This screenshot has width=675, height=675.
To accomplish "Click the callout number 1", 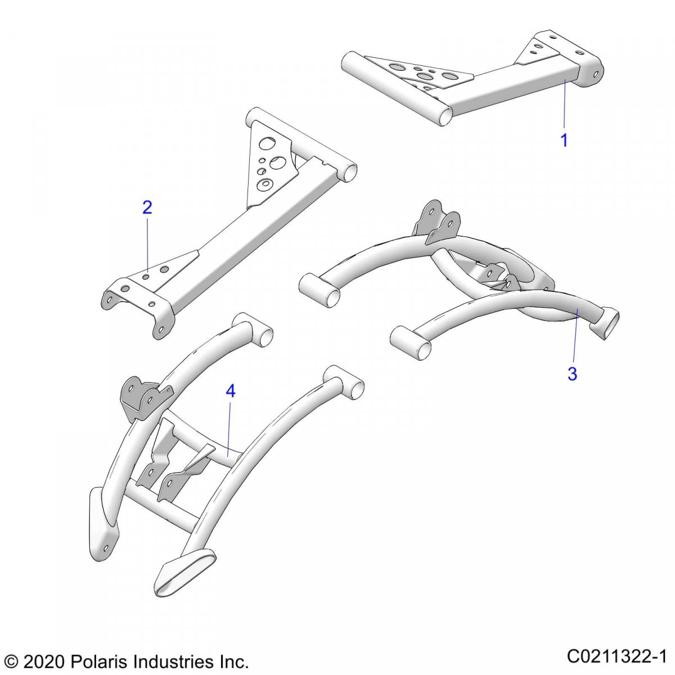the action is click(x=564, y=140).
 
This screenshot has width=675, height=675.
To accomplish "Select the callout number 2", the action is click(x=147, y=208).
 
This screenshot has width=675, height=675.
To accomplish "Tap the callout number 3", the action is click(x=572, y=373).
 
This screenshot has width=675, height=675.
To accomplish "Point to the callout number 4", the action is click(x=231, y=391).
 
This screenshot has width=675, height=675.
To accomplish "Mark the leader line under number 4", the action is click(x=229, y=429).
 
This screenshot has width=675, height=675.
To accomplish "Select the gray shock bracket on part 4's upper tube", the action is click(x=142, y=397).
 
